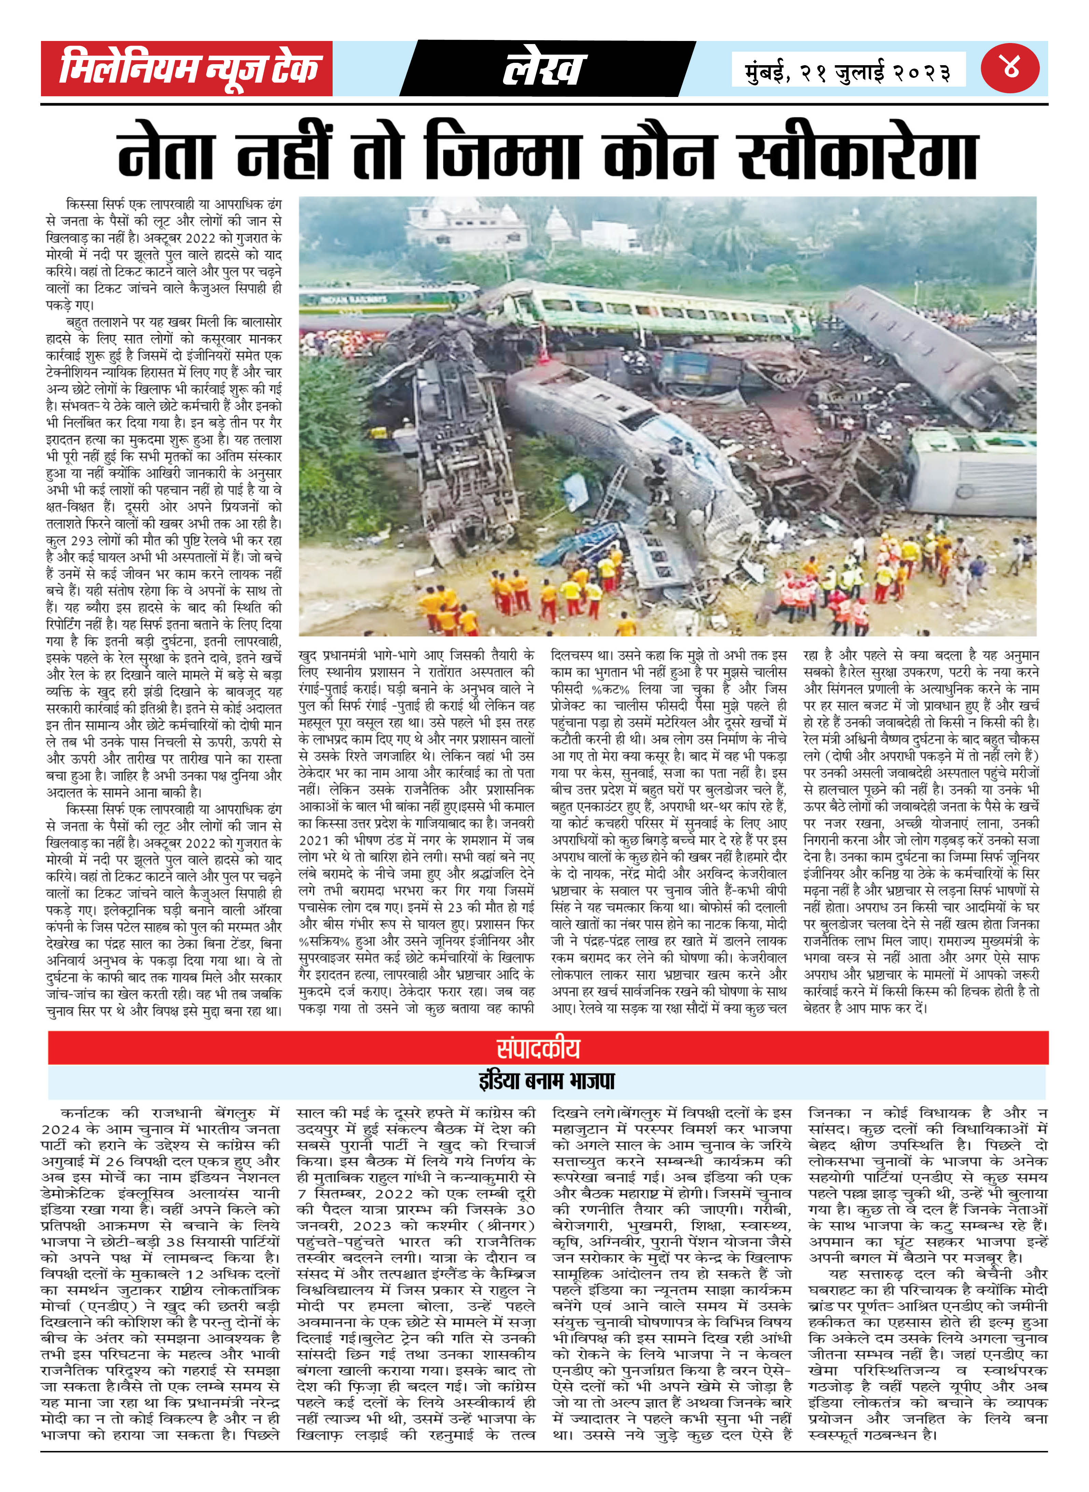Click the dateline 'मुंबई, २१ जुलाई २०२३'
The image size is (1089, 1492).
click(x=848, y=71)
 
